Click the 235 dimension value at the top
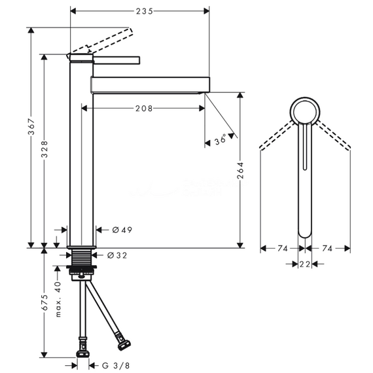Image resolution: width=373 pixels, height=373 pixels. (145, 11)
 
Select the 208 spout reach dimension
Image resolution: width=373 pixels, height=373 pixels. (144, 109)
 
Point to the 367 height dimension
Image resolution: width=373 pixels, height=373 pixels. (31, 126)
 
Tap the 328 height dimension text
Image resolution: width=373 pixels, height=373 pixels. (44, 149)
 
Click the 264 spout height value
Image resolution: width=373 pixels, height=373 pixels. (240, 170)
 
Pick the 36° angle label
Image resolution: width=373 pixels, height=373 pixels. (221, 139)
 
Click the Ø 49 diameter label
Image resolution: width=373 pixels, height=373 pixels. (122, 230)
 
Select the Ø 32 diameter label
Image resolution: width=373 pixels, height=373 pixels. (117, 255)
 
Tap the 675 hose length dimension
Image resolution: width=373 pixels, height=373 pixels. (44, 302)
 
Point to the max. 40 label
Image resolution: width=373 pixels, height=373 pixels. (58, 299)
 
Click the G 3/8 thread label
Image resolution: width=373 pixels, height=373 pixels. (116, 365)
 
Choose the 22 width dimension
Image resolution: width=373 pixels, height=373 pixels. (305, 264)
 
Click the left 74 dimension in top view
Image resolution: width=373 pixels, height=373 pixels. (283, 249)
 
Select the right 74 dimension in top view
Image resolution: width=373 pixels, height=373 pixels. (327, 249)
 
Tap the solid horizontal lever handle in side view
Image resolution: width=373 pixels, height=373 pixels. (116, 60)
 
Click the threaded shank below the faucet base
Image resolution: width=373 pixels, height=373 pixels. (81, 257)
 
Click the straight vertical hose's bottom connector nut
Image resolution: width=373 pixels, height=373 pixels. (83, 353)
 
